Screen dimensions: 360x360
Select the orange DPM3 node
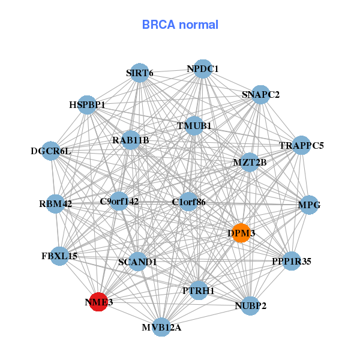coord(241,233)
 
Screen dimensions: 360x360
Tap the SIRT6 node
coord(140,73)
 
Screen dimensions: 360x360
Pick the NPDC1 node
coord(203,69)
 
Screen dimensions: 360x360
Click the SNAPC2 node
coord(260,94)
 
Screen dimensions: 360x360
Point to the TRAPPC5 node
coord(301,145)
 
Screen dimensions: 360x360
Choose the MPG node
coord(309,205)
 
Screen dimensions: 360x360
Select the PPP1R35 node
coord(291,261)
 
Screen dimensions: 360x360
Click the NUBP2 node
coord(251,305)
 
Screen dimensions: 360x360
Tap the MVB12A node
coord(161,327)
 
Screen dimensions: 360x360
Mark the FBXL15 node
coord(59,256)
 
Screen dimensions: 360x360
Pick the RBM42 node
coord(56,204)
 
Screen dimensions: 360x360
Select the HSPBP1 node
coord(88,105)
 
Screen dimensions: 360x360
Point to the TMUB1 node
coord(194,126)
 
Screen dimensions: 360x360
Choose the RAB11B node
coord(131,140)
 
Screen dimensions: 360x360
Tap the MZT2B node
coord(250,162)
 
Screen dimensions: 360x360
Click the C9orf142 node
coord(119,202)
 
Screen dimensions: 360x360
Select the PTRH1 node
coord(199,290)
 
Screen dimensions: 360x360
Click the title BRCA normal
coord(180,25)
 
